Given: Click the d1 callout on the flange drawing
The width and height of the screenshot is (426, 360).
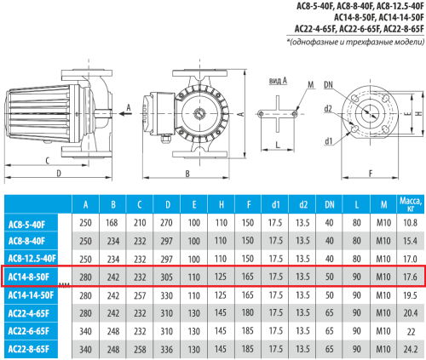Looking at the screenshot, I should point(328,140).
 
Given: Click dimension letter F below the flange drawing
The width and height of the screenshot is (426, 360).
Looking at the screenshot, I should point(372,174).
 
